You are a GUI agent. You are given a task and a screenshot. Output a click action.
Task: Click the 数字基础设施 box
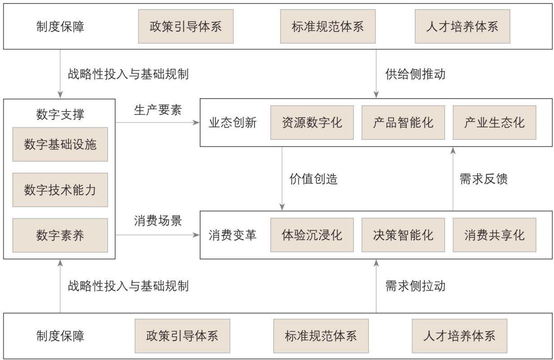pos(60,144)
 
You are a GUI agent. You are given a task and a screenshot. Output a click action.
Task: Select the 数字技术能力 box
pos(60,190)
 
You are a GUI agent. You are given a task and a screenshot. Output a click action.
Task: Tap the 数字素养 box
pos(60,235)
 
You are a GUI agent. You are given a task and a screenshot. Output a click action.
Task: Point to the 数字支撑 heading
pos(60,114)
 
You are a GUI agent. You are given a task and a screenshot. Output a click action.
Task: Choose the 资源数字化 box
pos(312,123)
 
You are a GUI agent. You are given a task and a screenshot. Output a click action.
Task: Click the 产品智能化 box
pos(403,123)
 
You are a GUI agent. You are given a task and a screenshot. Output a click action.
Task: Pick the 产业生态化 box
pos(494,123)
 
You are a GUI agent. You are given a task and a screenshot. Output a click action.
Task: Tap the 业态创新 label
pos(233,123)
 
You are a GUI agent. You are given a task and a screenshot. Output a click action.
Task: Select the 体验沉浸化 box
pos(312,235)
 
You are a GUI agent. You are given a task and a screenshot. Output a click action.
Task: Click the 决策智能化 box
pos(403,235)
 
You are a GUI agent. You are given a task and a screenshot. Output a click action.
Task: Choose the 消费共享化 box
pos(494,235)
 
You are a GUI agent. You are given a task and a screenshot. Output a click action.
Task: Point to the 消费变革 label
pos(233,235)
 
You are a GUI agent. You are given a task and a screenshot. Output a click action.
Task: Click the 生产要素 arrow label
pos(158,110)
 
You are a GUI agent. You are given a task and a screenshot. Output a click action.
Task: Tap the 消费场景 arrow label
pos(158,220)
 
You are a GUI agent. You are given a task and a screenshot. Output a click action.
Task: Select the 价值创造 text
pos(313,179)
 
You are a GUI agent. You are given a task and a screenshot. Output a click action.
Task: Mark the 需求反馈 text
pos(484,179)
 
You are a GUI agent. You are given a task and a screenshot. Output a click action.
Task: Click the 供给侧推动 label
pos(415,74)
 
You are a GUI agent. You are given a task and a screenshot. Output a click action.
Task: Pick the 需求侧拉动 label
pos(415,286)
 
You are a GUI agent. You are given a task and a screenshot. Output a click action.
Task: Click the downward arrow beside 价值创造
pos(282,178)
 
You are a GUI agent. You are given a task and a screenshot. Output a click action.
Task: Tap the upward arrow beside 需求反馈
pos(453,179)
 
